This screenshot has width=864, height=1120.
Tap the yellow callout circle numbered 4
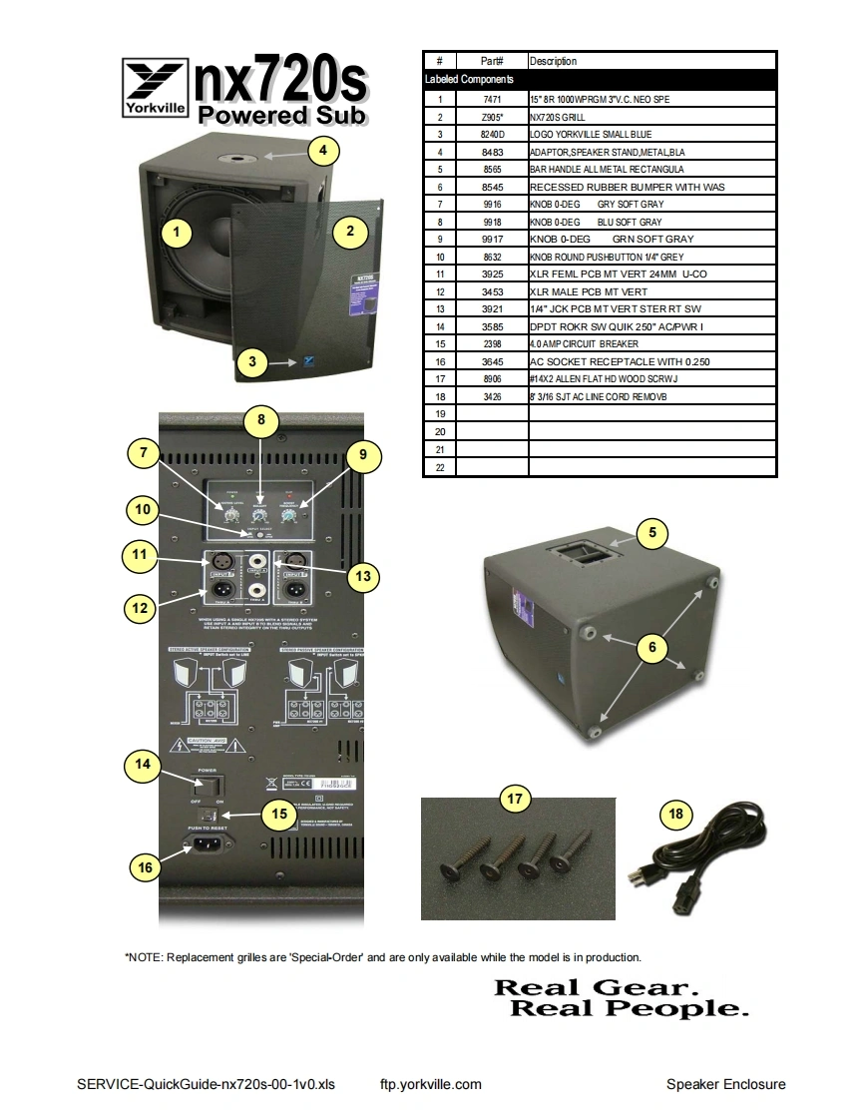tap(322, 151)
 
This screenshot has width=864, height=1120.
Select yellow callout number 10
tap(144, 510)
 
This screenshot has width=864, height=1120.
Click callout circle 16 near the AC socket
tap(146, 867)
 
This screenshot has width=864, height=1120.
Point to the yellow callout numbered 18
tap(675, 815)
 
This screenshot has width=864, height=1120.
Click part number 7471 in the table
tap(492, 99)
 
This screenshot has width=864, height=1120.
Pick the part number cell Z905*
tap(492, 117)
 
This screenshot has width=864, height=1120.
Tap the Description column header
tap(553, 61)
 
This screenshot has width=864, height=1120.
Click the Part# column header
tap(492, 61)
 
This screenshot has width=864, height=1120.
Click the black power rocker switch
tap(208, 785)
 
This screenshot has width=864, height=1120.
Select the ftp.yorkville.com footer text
tap(431, 1084)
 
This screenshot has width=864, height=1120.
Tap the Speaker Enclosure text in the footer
tap(725, 1084)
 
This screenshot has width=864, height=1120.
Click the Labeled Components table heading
tap(469, 79)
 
